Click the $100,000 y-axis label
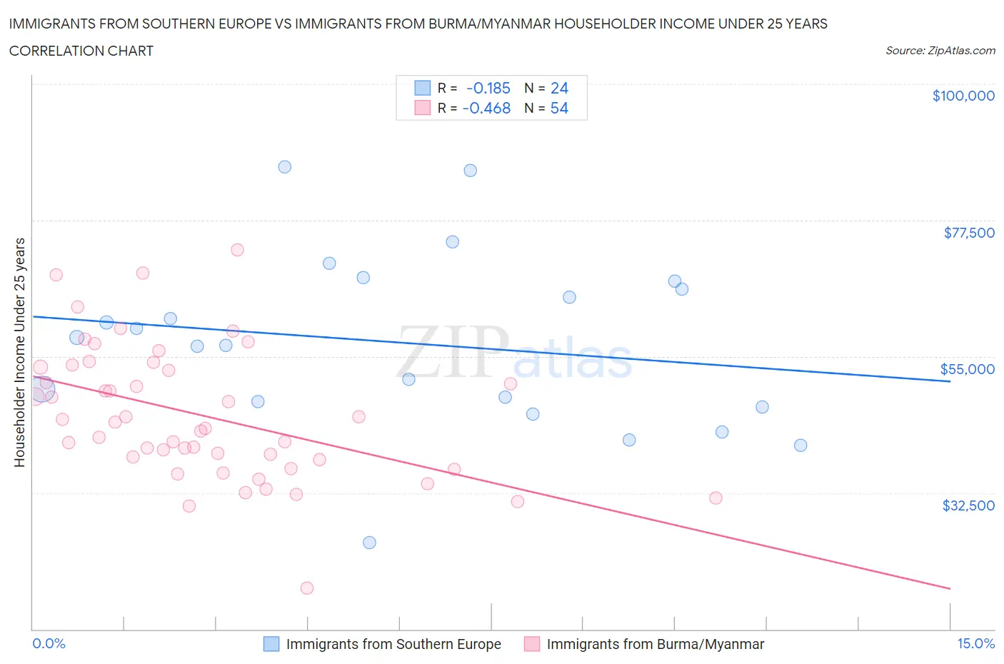click(963, 96)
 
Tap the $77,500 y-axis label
click(968, 233)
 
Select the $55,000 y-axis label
click(967, 369)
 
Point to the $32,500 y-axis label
click(968, 505)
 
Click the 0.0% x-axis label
click(49, 643)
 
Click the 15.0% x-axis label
click(975, 643)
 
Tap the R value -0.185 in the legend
click(488, 88)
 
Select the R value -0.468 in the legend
click(486, 108)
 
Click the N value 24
click(559, 88)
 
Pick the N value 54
click(559, 108)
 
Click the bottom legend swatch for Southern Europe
click(271, 644)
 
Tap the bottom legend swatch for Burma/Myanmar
click(532, 644)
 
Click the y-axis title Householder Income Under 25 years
click(19, 352)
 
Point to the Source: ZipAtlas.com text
click(940, 50)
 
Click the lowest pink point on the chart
click(307, 588)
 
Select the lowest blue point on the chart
click(369, 543)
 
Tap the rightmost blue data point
click(800, 446)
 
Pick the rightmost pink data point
click(716, 498)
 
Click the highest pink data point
click(237, 250)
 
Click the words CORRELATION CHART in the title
click(81, 51)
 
